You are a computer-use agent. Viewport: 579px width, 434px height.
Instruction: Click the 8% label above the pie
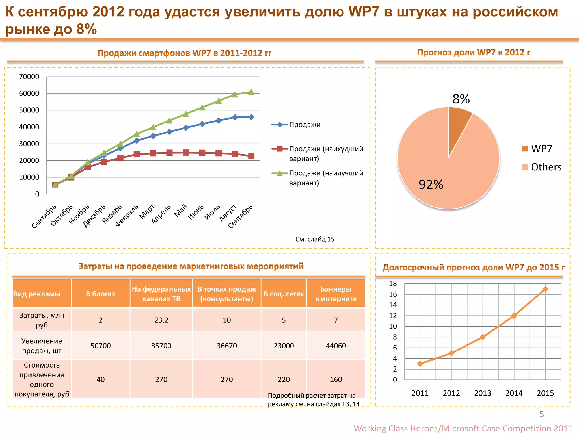point(461,99)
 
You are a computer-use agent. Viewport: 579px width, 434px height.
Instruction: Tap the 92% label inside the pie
point(431,185)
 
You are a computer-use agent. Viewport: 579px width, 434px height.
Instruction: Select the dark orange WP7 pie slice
point(458,124)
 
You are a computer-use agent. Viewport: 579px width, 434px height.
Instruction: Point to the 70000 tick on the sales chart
point(29,77)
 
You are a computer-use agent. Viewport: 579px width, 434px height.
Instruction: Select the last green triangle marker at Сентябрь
point(251,92)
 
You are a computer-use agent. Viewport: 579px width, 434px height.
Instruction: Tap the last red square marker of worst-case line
point(251,156)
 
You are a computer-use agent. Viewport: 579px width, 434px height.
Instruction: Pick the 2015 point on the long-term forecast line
point(545,289)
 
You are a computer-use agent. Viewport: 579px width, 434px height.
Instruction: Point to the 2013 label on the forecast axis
point(483,393)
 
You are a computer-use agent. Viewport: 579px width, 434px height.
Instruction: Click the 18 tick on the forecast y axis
point(393,284)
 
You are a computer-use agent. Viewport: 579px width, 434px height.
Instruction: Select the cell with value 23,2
point(161,320)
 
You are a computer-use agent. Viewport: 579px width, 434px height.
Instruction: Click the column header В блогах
point(101,294)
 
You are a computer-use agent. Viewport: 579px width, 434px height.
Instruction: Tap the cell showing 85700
point(161,346)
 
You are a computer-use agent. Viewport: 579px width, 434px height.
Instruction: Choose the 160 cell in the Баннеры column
point(336,379)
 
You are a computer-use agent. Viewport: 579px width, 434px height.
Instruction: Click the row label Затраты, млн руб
point(42,320)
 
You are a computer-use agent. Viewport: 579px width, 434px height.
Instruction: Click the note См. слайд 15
point(315,239)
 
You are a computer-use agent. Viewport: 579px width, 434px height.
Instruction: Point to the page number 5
point(541,414)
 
